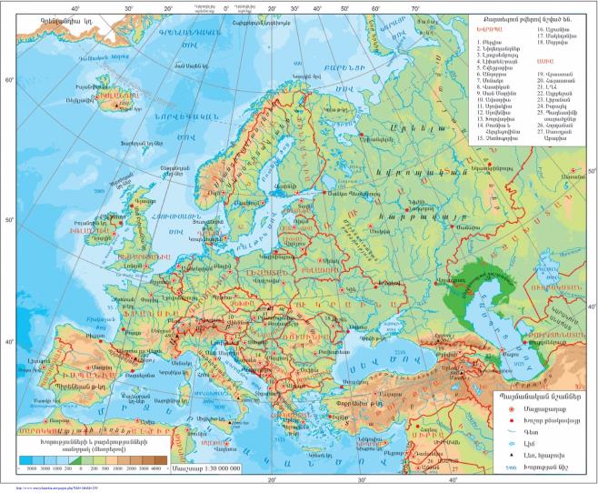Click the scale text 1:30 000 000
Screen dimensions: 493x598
(x=208, y=467)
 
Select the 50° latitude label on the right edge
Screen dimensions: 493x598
(x=590, y=172)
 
